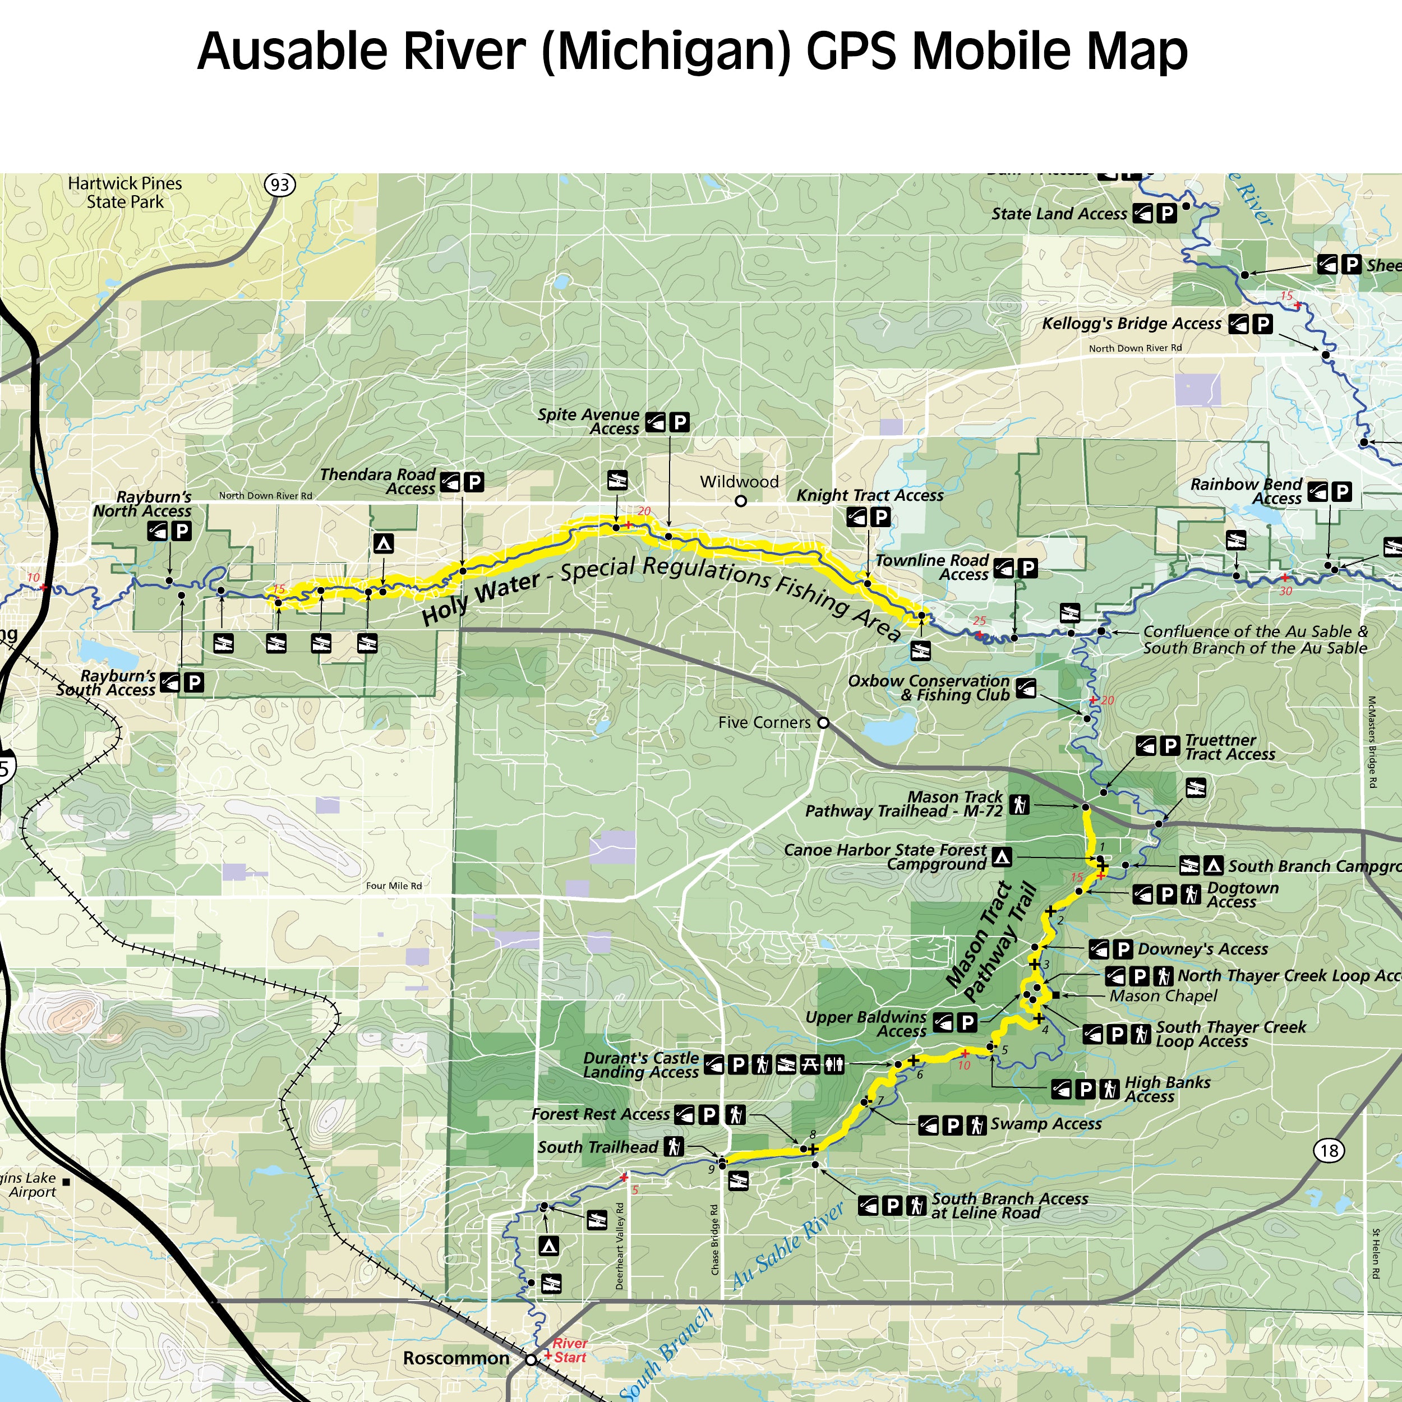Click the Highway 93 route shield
pos(280,185)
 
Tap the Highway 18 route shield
pos(1329,1150)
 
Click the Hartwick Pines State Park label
pos(125,193)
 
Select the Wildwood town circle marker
pos(740,501)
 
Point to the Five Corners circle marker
pos(823,723)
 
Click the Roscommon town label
pos(456,1358)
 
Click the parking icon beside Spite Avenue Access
pos(679,422)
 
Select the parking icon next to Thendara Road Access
pos(474,481)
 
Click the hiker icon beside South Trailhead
pos(674,1147)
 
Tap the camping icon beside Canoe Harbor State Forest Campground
pos(1002,857)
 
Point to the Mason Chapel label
pos(1163,995)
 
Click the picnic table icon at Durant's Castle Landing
pos(810,1064)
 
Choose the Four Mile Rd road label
pos(394,886)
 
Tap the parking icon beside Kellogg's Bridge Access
pos(1263,324)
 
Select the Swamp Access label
pos(1046,1124)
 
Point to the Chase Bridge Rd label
pos(715,1239)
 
